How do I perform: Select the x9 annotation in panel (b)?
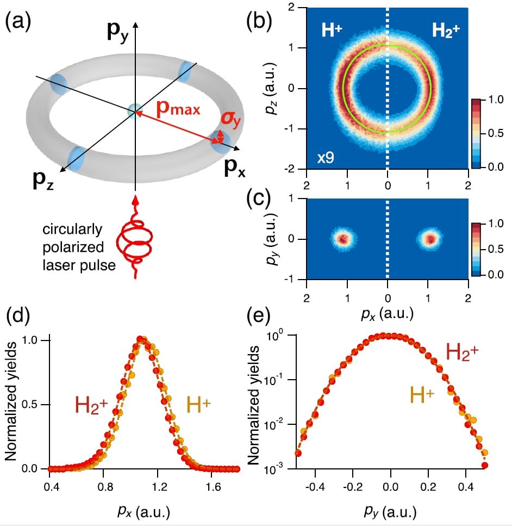point(326,158)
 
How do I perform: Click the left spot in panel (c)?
point(343,239)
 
